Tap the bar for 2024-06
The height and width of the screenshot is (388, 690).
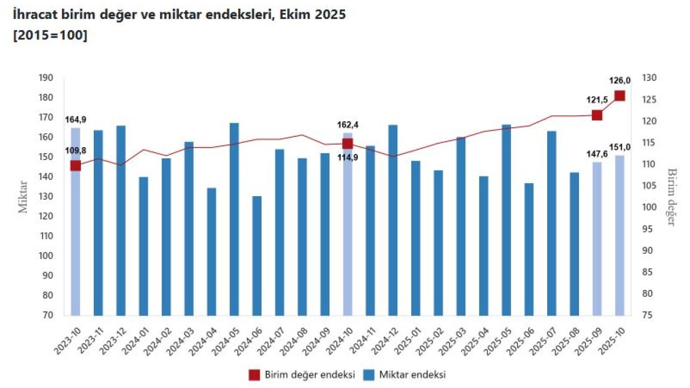pyautogui.click(x=257, y=255)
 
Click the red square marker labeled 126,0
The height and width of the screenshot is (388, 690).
pyautogui.click(x=620, y=96)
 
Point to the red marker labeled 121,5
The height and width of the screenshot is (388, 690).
pyautogui.click(x=597, y=115)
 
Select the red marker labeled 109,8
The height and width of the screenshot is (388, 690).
pyautogui.click(x=75, y=165)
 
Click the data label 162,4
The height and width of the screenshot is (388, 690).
pyautogui.click(x=348, y=125)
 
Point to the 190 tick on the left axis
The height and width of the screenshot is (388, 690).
pyautogui.click(x=46, y=78)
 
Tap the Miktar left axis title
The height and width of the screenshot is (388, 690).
pyautogui.click(x=23, y=197)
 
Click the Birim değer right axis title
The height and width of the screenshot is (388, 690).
pyautogui.click(x=672, y=197)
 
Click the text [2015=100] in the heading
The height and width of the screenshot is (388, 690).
pyautogui.click(x=50, y=36)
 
